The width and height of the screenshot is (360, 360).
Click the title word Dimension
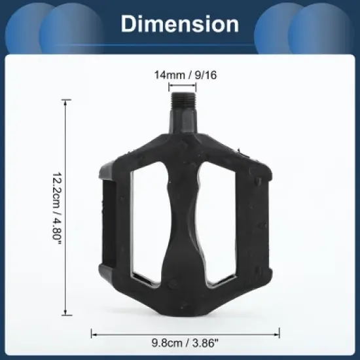pyautogui.click(x=180, y=24)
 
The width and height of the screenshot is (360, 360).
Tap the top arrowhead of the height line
pyautogui.click(x=65, y=101)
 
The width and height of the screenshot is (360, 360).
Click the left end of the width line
pyautogui.click(x=92, y=333)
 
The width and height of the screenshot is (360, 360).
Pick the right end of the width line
pyautogui.click(x=279, y=333)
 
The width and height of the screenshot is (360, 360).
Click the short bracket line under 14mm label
pyautogui.click(x=182, y=86)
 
